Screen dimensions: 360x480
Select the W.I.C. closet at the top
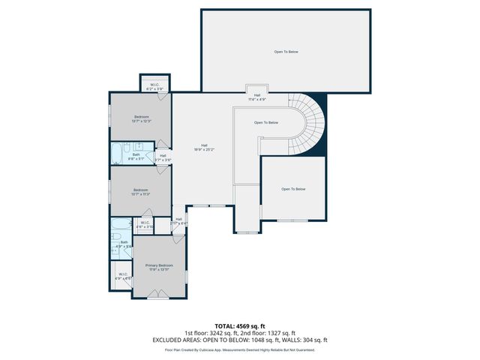[x=154, y=85]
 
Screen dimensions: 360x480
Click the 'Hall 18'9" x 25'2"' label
[x=203, y=147]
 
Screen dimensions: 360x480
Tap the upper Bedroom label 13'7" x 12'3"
[x=142, y=118]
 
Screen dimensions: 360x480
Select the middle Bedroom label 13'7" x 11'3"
[x=142, y=191]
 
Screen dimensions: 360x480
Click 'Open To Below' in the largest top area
[x=286, y=51]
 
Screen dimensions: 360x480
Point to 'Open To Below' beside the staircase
[x=266, y=122]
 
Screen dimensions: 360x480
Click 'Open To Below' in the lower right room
[x=293, y=189]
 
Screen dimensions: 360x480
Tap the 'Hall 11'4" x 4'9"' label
[x=257, y=97]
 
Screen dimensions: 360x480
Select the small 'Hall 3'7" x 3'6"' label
[x=163, y=157]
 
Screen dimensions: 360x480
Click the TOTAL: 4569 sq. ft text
[x=240, y=326]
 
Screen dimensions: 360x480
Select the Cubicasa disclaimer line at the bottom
[x=240, y=349]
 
